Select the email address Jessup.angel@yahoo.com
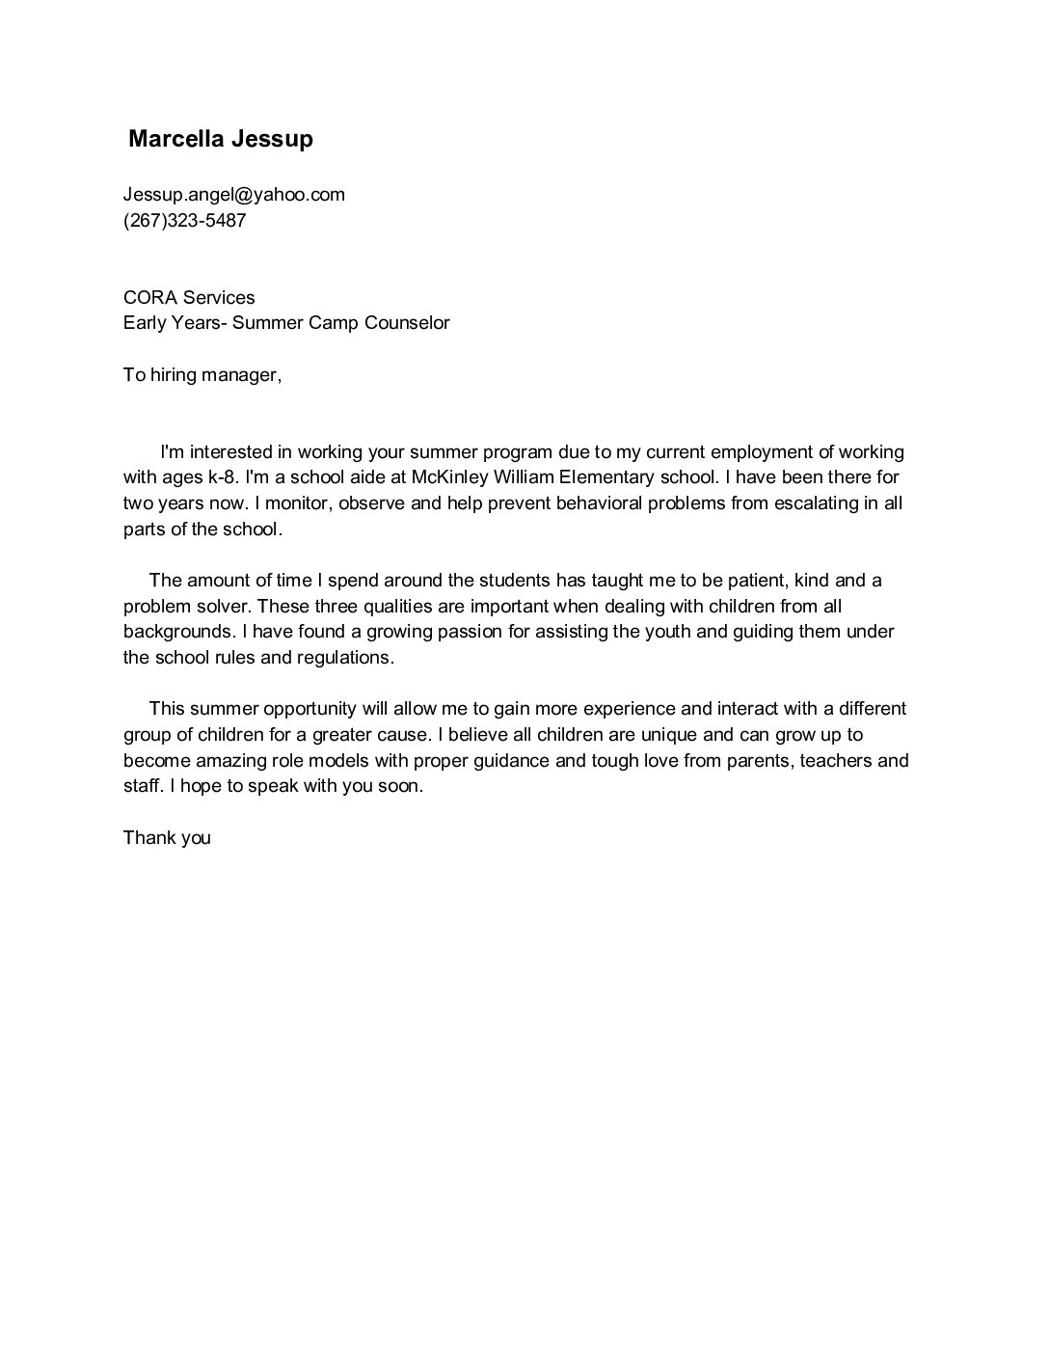[233, 195]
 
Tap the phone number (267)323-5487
[184, 220]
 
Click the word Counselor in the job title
[407, 323]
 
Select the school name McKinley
[449, 477]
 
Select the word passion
[522, 632]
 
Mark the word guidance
[505, 760]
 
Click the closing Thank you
[167, 837]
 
